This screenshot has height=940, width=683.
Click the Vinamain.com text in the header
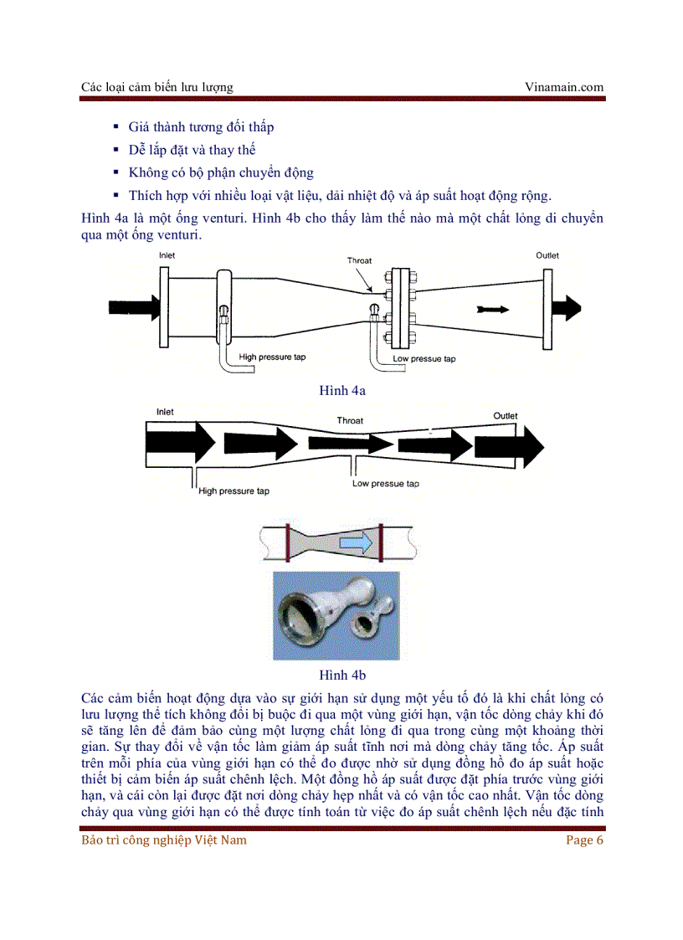point(563,86)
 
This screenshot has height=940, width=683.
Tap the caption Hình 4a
point(342,390)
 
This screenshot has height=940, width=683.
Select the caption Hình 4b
point(342,675)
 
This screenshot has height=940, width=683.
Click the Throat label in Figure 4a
point(359,260)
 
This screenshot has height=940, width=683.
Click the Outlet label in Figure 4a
point(547,255)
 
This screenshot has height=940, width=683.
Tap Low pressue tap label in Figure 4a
point(426,358)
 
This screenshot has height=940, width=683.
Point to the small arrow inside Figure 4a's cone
point(491,309)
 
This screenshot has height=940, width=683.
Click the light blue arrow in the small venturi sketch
point(356,544)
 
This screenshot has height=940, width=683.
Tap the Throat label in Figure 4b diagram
point(350,420)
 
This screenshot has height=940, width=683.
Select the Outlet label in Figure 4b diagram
point(505,416)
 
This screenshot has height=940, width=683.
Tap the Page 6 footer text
point(584,840)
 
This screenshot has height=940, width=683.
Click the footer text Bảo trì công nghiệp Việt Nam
point(164,840)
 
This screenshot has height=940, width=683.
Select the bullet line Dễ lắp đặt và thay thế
point(192,150)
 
